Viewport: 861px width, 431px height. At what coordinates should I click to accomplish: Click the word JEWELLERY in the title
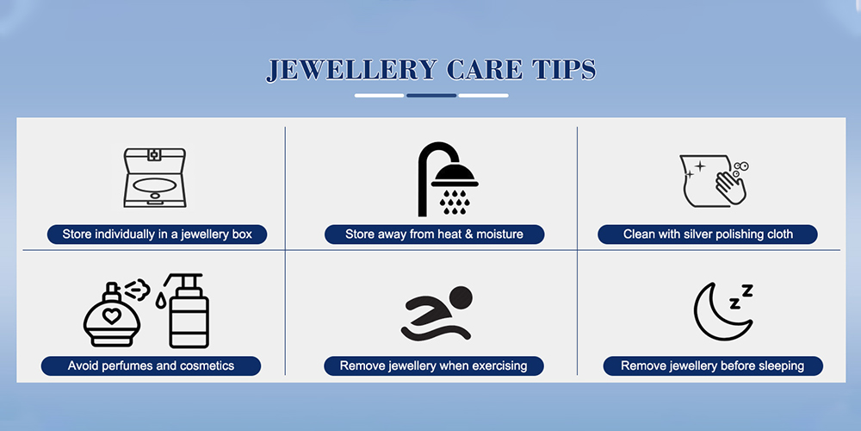pyautogui.click(x=351, y=70)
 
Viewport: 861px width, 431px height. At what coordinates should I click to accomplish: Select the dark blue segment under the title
pyautogui.click(x=431, y=96)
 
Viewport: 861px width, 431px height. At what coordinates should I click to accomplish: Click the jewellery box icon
pyautogui.click(x=155, y=178)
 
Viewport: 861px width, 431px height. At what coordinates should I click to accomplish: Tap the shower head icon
pyautogui.click(x=448, y=179)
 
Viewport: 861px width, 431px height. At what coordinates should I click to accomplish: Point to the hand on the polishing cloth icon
pyautogui.click(x=730, y=187)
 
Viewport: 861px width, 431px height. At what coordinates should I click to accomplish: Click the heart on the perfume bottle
pyautogui.click(x=112, y=316)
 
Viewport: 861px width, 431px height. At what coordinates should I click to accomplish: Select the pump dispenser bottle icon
pyautogui.click(x=186, y=310)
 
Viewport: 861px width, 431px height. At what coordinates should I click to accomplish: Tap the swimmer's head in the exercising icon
pyautogui.click(x=461, y=297)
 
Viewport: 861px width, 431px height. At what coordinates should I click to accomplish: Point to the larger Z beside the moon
pyautogui.click(x=747, y=290)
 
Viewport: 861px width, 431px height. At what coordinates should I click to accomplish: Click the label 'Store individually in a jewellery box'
pyautogui.click(x=157, y=234)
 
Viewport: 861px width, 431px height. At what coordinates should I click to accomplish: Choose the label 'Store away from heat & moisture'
pyautogui.click(x=434, y=234)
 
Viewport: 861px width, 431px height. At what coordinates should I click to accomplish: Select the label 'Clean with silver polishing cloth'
pyautogui.click(x=708, y=234)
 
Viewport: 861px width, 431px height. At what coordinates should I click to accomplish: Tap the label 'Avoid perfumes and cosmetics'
pyautogui.click(x=151, y=365)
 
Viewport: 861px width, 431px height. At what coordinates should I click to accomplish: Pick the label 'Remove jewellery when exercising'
pyautogui.click(x=434, y=365)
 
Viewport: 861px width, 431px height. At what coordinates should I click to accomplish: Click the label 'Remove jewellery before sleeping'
pyautogui.click(x=713, y=365)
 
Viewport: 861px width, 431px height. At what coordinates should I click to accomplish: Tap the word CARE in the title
pyautogui.click(x=484, y=70)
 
